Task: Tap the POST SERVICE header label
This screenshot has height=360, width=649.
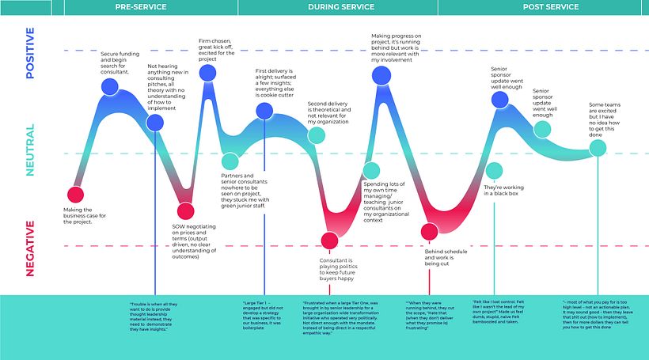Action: [552, 7]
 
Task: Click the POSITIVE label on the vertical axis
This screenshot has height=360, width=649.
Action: [30, 55]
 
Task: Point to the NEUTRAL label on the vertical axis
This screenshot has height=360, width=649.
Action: [30, 151]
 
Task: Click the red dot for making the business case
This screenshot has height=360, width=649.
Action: [75, 195]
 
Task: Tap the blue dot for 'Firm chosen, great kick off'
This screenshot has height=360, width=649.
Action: [207, 74]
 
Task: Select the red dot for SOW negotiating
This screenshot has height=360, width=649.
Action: [185, 210]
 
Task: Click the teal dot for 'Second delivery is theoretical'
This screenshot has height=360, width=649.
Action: [316, 135]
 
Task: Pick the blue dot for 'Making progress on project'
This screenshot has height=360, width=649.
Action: [381, 75]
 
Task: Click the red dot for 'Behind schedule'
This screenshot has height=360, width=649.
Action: [429, 232]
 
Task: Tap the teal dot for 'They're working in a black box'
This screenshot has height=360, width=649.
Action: [494, 170]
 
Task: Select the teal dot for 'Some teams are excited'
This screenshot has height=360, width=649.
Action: [597, 147]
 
